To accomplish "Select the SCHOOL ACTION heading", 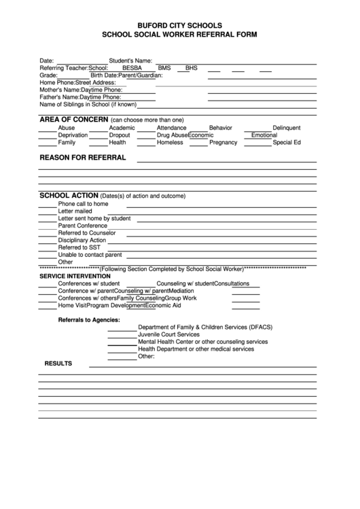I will coord(69,195).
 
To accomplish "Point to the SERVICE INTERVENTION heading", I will coord(75,277).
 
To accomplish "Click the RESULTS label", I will coord(58,364).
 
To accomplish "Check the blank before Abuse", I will coord(47,128).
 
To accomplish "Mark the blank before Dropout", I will coord(98,136).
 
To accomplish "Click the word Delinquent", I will coord(286,128).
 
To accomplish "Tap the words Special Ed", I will coord(287,143).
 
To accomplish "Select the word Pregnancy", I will coord(223,143).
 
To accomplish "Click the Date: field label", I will coord(47,60).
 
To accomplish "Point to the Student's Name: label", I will coord(130,60).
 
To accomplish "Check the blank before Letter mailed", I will coord(47,212).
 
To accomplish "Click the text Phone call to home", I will coord(83,204).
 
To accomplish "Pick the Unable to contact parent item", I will coord(90,255).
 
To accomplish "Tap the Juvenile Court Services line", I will coord(168,335).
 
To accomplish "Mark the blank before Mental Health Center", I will coord(122,343).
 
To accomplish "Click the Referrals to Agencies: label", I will coord(89,319).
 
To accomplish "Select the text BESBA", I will coord(132,68).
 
